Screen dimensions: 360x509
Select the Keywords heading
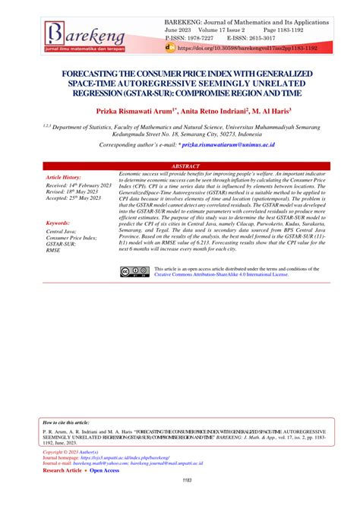pos(62,223)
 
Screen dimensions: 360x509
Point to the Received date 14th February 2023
pos(77,185)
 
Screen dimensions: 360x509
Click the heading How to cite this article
pos(66,422)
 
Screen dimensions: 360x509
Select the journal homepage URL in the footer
pos(130,458)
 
